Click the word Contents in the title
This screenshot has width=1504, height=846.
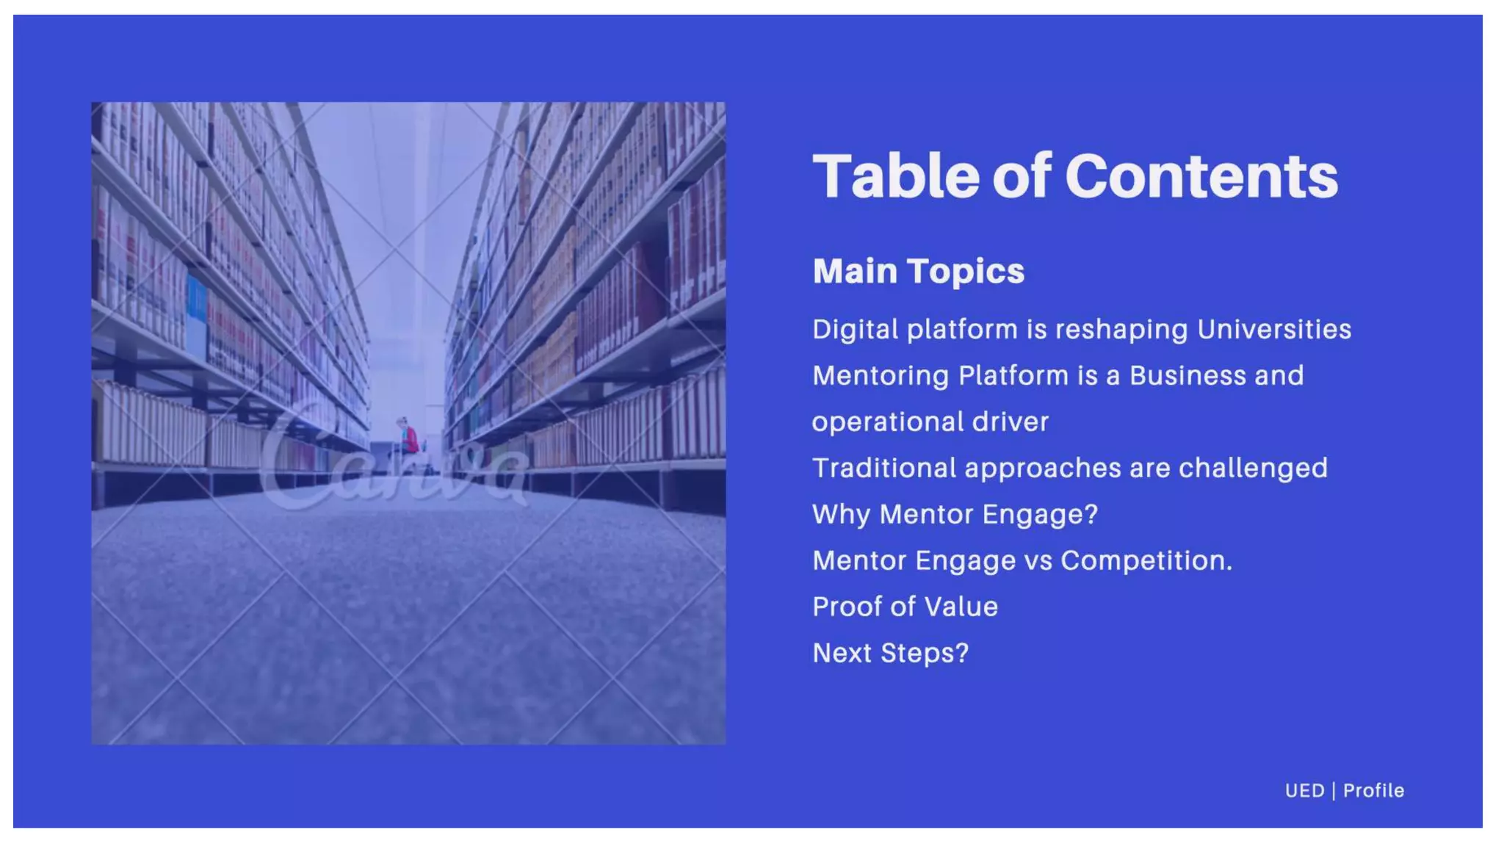(x=1201, y=177)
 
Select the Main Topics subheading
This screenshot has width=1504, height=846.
(x=918, y=271)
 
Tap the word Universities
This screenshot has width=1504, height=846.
(x=1274, y=330)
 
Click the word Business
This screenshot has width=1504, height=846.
(x=1187, y=376)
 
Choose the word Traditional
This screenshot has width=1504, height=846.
(x=883, y=469)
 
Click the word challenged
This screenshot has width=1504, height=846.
(x=1253, y=469)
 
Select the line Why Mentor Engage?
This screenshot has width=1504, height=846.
(x=955, y=515)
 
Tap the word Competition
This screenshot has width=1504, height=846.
(x=1146, y=561)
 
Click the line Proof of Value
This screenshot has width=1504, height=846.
(x=905, y=607)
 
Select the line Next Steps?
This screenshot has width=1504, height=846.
(x=890, y=654)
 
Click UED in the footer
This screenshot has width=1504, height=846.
(x=1304, y=791)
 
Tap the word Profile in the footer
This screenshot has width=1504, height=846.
(x=1373, y=791)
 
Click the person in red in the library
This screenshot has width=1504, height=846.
(x=408, y=438)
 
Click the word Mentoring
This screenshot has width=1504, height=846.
(x=880, y=376)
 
